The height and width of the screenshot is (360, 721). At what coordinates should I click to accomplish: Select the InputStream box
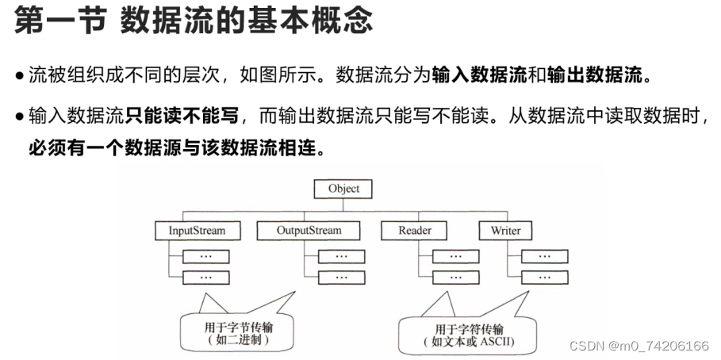point(197,231)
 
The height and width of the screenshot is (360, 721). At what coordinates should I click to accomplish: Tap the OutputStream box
point(309,231)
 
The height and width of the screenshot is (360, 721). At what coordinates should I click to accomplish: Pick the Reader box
point(415,231)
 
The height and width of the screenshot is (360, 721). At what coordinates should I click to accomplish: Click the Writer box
point(505,231)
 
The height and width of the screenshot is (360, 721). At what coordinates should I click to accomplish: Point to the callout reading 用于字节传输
point(230,331)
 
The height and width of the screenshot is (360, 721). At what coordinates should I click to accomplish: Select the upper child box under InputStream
point(205,256)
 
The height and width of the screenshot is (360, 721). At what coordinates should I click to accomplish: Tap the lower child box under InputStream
point(205,278)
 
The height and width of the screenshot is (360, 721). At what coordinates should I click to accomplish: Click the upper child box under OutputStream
point(341,256)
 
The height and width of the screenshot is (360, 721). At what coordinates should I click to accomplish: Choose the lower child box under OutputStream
point(341,278)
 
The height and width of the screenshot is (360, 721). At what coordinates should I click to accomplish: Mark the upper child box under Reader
point(455,256)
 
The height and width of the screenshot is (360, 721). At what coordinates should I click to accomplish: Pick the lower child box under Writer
point(544,278)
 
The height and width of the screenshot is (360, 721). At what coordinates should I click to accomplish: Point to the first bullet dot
point(19,78)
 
